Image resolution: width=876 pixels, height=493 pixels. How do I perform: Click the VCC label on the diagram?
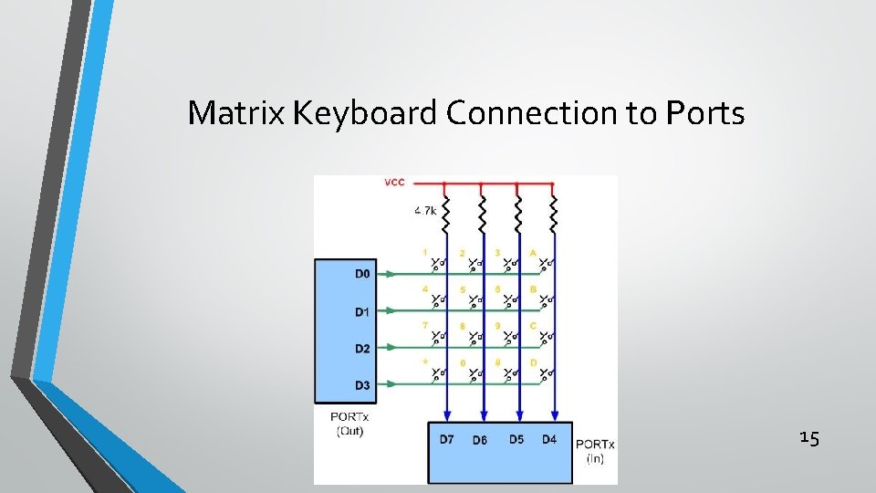[x=394, y=183]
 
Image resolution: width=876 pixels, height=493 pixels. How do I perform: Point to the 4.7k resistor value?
[x=424, y=211]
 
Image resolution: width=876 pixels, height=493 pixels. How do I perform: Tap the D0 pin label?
[x=362, y=273]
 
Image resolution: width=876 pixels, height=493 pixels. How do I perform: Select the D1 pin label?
[x=362, y=312]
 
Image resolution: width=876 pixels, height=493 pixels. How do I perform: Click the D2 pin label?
[x=362, y=349]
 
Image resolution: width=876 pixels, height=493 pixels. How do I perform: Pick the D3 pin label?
[x=362, y=386]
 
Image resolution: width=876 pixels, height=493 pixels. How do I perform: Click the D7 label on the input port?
[x=446, y=439]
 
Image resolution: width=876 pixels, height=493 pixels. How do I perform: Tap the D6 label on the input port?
[x=480, y=440]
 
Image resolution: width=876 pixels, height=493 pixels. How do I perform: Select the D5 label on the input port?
[x=516, y=439]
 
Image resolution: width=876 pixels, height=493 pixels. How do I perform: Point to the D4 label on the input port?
[x=549, y=439]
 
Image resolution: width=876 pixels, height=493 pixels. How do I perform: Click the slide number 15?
[x=808, y=439]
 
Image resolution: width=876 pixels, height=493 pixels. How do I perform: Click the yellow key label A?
[x=533, y=252]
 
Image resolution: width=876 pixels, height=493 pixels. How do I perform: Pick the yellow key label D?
[x=533, y=363]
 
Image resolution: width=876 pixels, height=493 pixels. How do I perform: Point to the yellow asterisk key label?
[x=424, y=363]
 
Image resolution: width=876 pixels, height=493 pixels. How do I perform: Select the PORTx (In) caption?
[x=595, y=451]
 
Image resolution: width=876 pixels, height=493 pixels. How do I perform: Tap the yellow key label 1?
[x=424, y=252]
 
